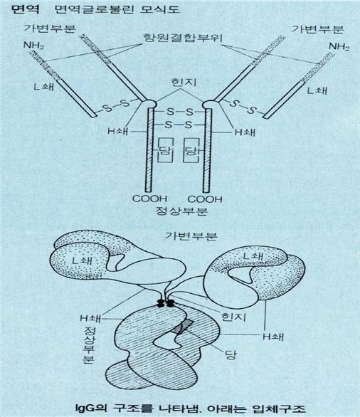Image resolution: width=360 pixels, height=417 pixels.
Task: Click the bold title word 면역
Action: coord(26,9)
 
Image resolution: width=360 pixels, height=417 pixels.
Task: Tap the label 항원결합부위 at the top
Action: coord(183,38)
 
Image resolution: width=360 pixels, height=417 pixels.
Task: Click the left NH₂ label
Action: coord(33,46)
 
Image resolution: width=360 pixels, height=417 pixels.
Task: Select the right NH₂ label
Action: coord(339,46)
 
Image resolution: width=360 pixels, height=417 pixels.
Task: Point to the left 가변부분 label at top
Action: coord(50,28)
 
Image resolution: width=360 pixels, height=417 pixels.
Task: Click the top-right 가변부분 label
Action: coord(318,28)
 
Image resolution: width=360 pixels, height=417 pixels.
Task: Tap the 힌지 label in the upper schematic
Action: coord(184,83)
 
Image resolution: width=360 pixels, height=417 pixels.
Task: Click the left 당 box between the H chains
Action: coord(165,150)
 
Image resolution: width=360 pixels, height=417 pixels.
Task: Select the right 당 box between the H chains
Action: coord(191,150)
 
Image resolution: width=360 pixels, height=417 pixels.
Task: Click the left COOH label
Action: coord(149,199)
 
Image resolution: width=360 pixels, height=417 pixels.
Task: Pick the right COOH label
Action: coord(205,199)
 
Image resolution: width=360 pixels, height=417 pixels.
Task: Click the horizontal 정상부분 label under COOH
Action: coord(181,211)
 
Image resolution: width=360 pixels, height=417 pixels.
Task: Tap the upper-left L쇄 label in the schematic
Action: coord(44,86)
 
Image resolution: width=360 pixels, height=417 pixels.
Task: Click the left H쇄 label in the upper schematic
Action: coord(118,131)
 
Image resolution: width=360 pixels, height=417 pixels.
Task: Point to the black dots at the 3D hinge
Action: coord(165,302)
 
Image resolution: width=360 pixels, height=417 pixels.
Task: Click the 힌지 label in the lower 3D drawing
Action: coord(233,317)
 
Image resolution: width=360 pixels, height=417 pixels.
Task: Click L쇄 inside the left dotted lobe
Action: coord(83,260)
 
